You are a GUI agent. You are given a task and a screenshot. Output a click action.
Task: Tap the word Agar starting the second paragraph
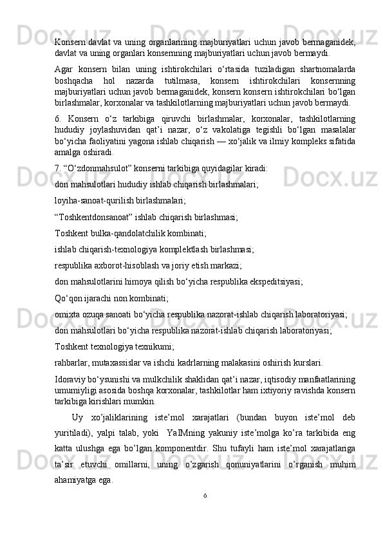[x=64, y=69]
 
